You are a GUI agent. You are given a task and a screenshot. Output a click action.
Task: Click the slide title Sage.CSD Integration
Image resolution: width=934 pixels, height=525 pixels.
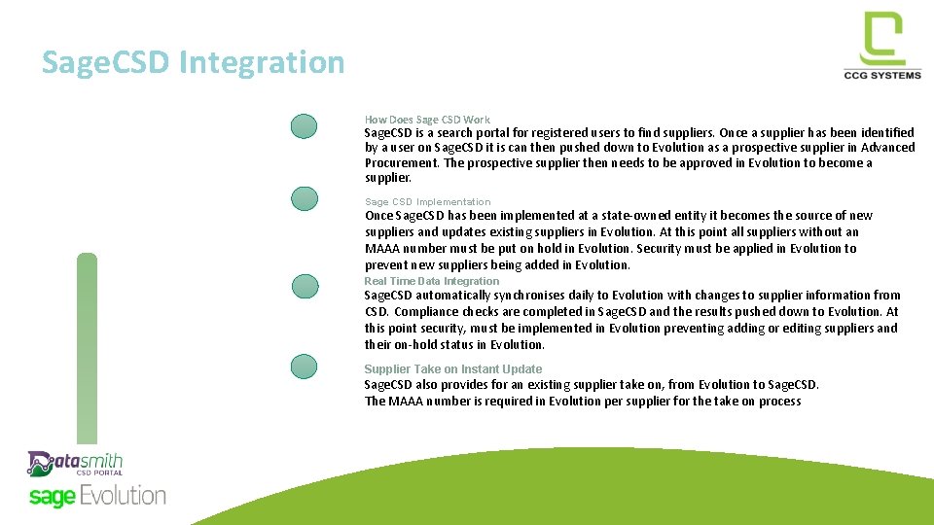click(x=193, y=62)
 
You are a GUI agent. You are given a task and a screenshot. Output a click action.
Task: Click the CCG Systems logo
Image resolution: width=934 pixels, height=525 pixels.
click(x=881, y=46)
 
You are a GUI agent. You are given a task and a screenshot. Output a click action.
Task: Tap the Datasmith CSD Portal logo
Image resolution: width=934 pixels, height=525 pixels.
click(x=75, y=464)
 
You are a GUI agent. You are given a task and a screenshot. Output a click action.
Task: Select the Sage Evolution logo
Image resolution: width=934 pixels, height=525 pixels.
click(x=97, y=496)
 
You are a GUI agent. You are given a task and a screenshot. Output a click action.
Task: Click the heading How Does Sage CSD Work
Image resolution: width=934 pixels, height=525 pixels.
click(x=427, y=120)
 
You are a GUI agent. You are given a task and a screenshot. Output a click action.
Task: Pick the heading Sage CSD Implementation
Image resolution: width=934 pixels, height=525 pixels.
click(x=427, y=202)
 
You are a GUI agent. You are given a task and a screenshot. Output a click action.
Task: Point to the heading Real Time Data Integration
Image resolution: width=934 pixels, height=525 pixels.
click(x=431, y=281)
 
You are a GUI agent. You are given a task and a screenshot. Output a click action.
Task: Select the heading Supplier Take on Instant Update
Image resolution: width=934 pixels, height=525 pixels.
click(x=452, y=368)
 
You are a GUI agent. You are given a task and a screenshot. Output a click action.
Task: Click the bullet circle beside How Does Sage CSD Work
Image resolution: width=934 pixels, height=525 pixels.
click(x=305, y=126)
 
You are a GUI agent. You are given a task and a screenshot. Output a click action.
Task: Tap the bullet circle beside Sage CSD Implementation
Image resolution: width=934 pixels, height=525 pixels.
click(x=305, y=198)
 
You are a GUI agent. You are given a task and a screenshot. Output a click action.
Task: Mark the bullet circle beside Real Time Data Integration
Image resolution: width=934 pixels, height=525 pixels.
click(x=305, y=286)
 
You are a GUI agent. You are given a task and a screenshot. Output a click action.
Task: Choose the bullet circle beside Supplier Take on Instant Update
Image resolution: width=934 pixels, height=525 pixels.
click(x=305, y=367)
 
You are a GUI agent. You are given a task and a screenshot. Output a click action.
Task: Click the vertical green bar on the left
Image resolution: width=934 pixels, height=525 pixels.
click(x=88, y=350)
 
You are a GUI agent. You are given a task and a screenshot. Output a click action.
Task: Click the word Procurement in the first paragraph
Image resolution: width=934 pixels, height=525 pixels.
click(x=402, y=163)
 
